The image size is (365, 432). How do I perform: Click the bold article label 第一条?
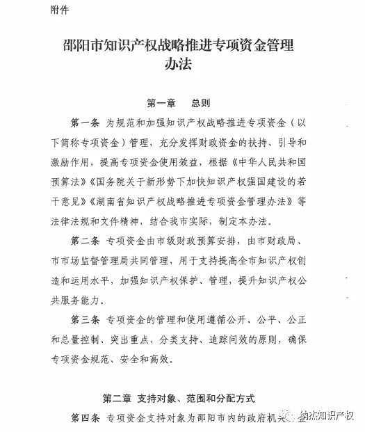click(x=86, y=123)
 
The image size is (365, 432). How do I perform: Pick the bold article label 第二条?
click(x=86, y=242)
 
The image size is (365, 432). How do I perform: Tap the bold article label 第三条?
click(x=86, y=321)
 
